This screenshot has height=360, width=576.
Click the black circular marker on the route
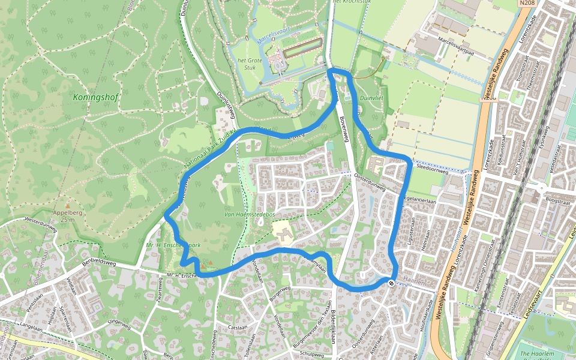pos(391,282)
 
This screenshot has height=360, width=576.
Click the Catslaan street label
pos(237,328)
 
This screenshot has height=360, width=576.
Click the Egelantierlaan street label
pos(420,202)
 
